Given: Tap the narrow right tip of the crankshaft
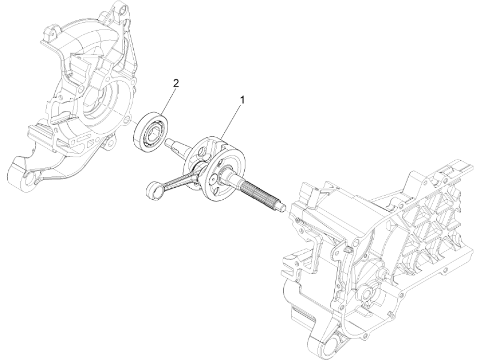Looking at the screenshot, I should (x=282, y=208).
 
